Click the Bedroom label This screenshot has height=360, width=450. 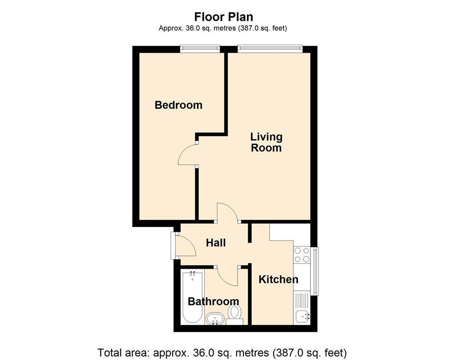click(x=178, y=105)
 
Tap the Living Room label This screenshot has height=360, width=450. click(x=266, y=142)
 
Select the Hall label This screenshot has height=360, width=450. click(x=216, y=243)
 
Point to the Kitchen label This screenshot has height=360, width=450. click(x=278, y=279)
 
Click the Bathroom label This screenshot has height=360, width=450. click(x=213, y=301)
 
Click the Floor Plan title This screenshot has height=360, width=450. click(x=223, y=17)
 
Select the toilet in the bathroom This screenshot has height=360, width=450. click(x=234, y=313)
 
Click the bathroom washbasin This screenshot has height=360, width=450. click(x=215, y=319)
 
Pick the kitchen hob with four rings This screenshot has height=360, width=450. click(x=301, y=255)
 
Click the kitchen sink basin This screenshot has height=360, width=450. click(x=302, y=316)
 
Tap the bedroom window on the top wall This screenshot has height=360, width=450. click(x=200, y=48)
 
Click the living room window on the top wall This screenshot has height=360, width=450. click(x=270, y=48)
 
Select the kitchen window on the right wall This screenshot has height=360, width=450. click(x=315, y=271)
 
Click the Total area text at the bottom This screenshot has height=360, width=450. click(x=222, y=352)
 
